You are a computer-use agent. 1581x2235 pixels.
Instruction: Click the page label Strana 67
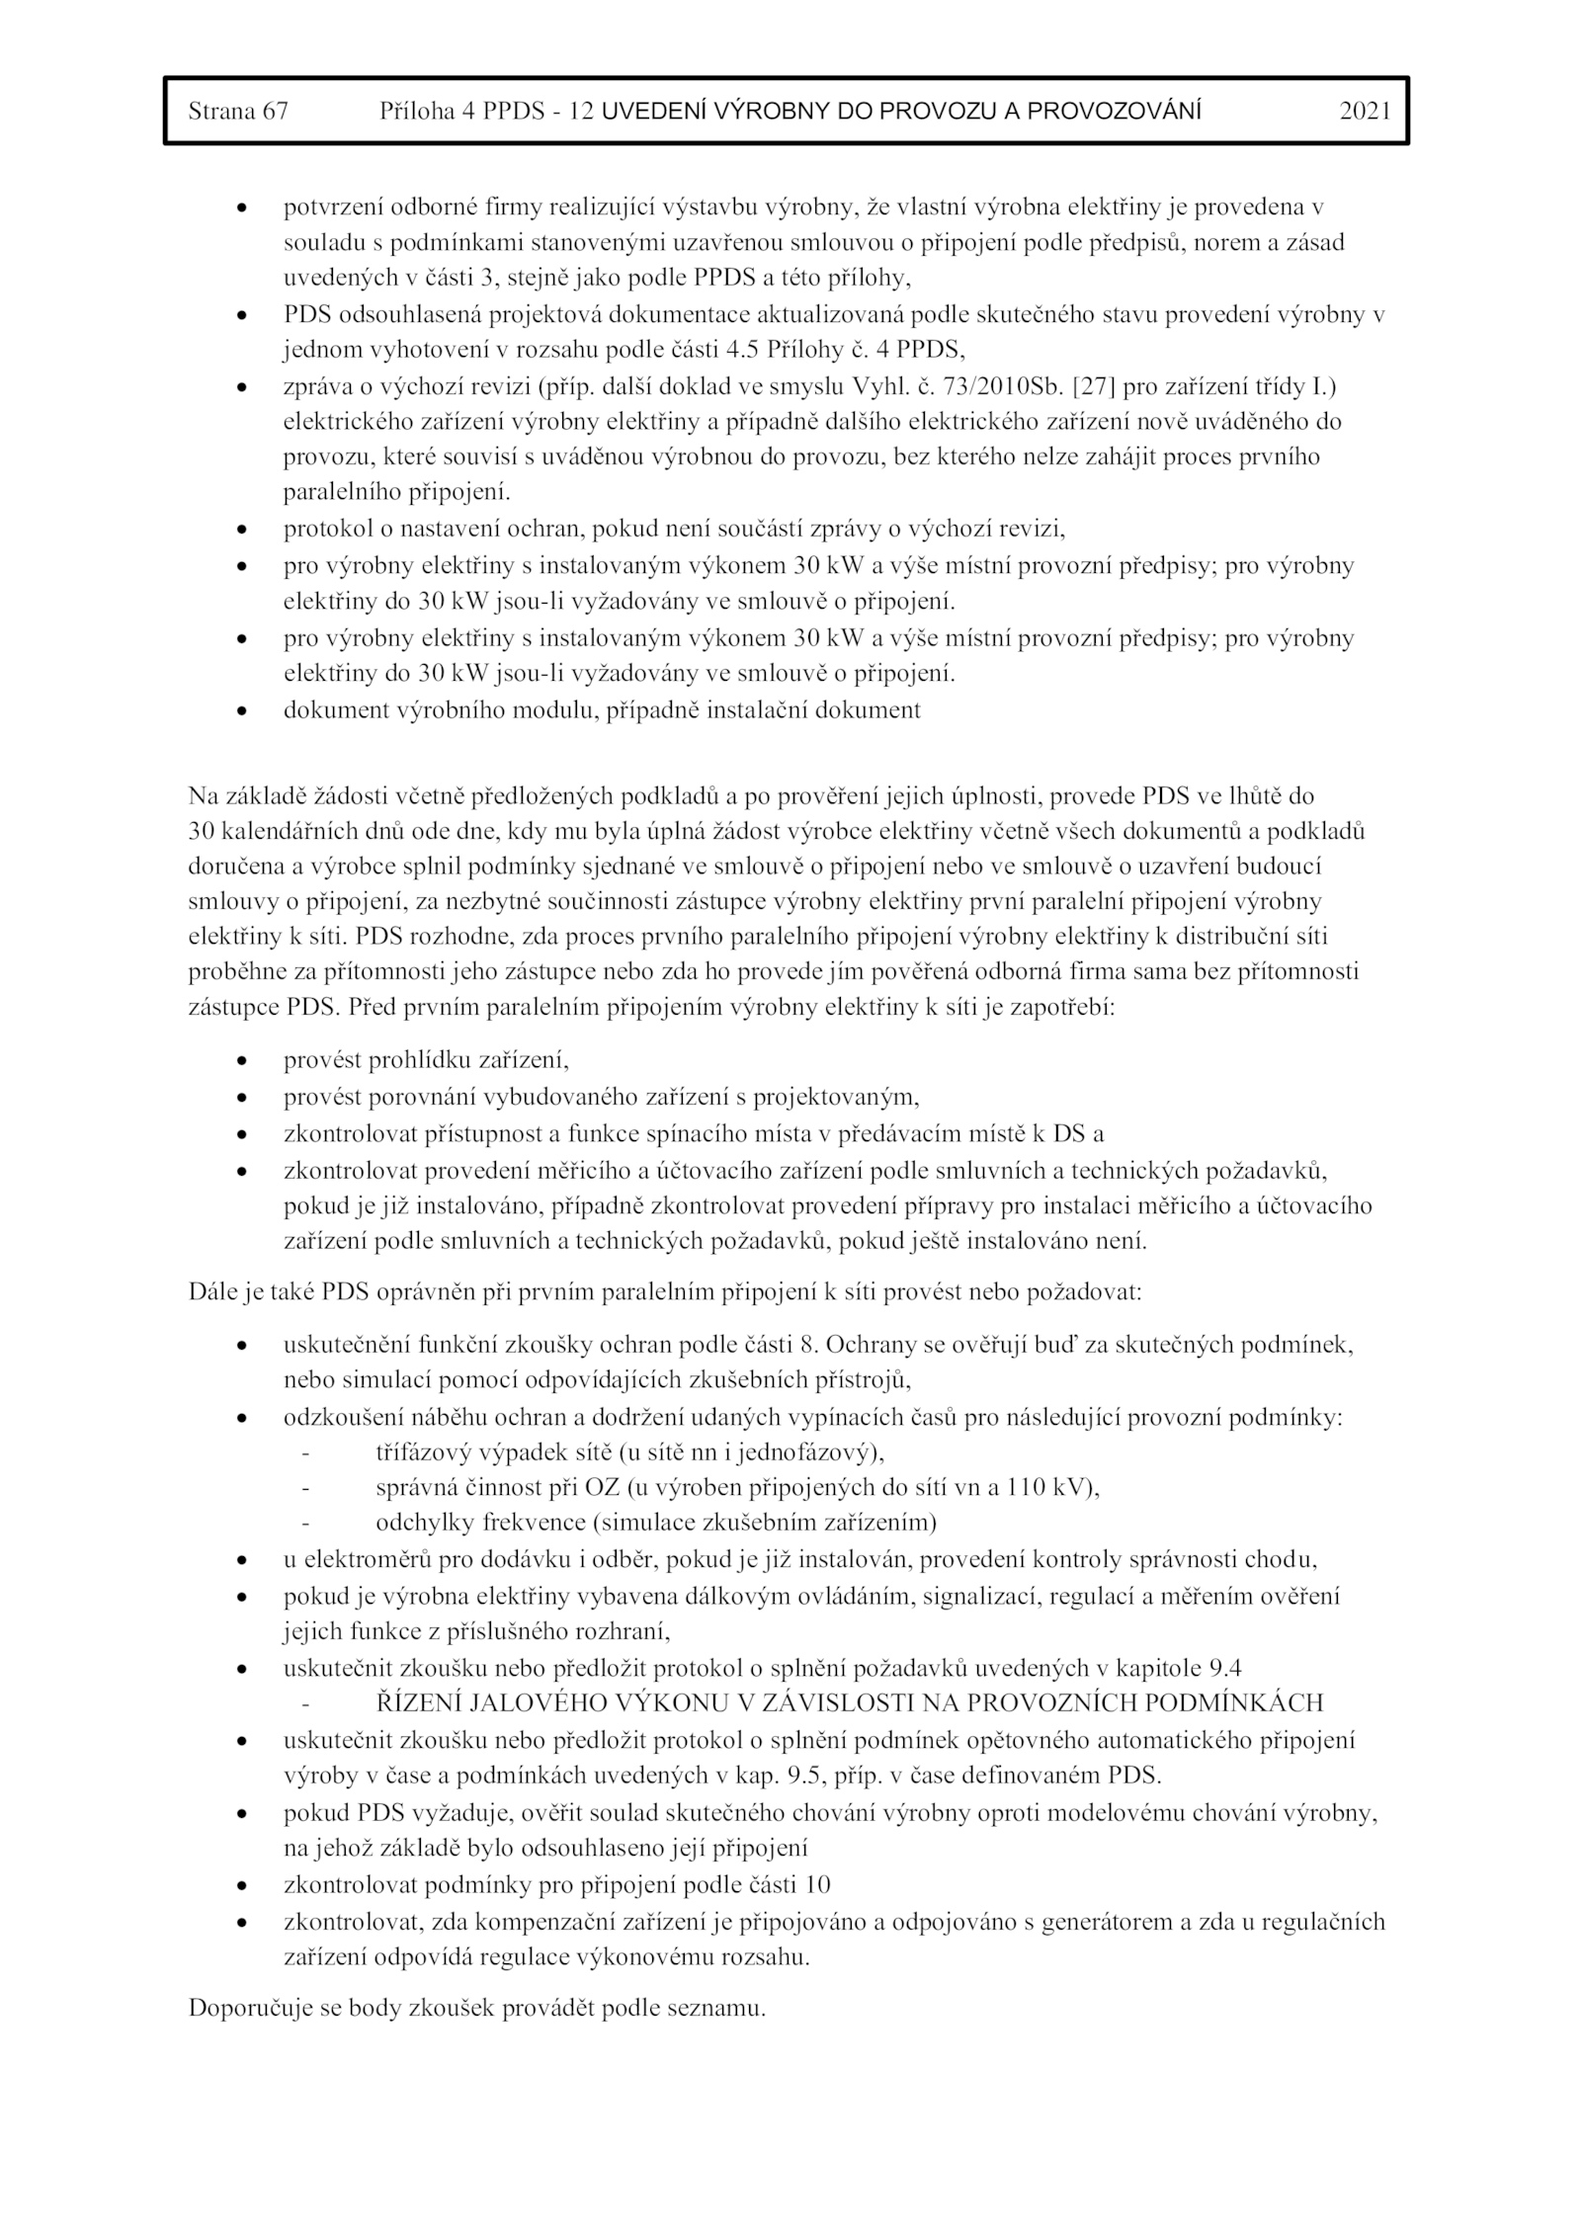(x=238, y=112)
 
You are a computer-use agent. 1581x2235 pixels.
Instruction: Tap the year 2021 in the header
(x=1365, y=112)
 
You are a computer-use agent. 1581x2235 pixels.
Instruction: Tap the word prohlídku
(x=421, y=1061)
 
